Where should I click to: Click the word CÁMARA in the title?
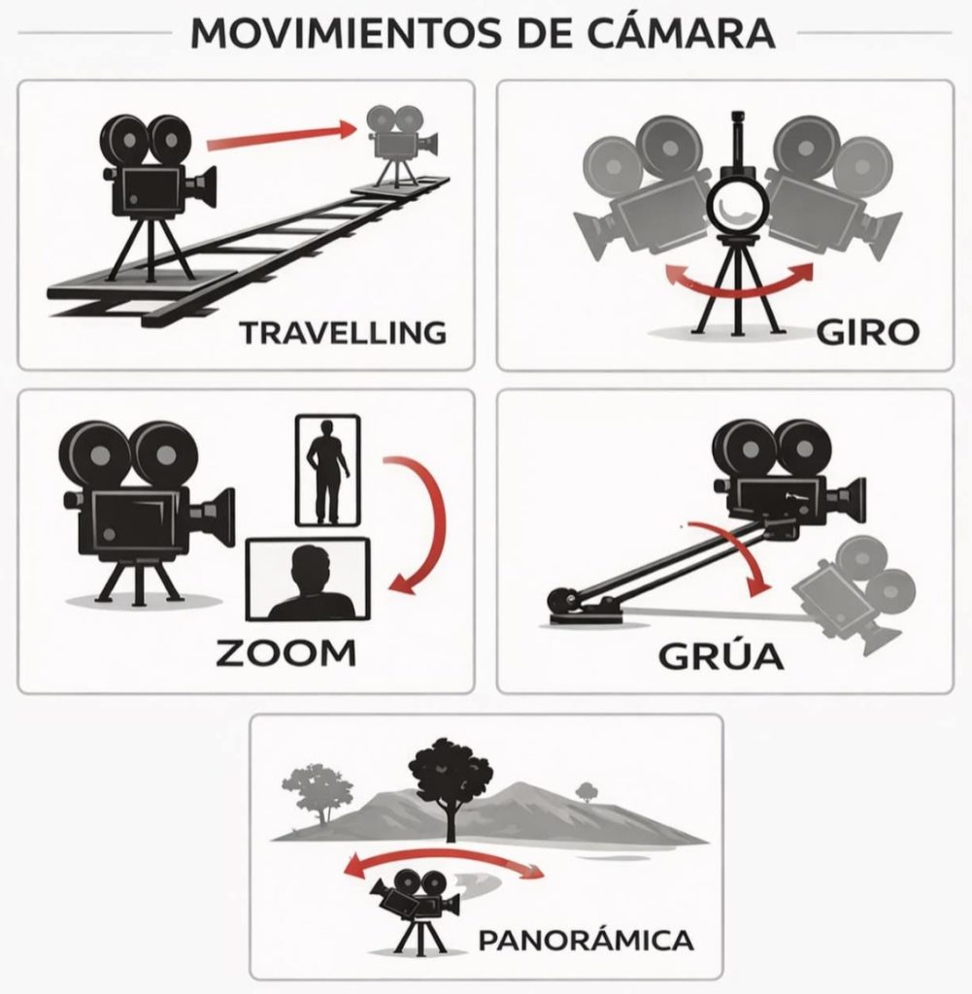(x=681, y=33)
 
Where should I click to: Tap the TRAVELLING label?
(x=343, y=333)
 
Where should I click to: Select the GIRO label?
(x=867, y=332)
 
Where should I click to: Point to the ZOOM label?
(x=285, y=653)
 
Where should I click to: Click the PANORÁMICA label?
(x=586, y=940)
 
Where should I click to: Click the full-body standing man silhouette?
(x=328, y=471)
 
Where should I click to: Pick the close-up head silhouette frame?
(x=308, y=580)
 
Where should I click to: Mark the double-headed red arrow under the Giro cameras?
(x=739, y=291)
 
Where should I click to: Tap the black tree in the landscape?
(x=451, y=784)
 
